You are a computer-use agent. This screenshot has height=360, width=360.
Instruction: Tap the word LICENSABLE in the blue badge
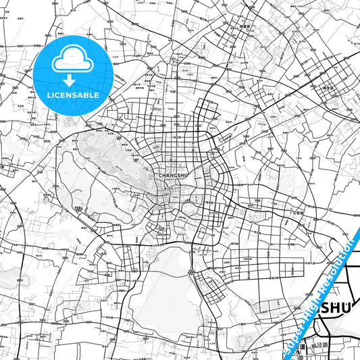pos(73,95)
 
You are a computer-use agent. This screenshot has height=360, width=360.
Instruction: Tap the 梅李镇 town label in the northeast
pos(329,87)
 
